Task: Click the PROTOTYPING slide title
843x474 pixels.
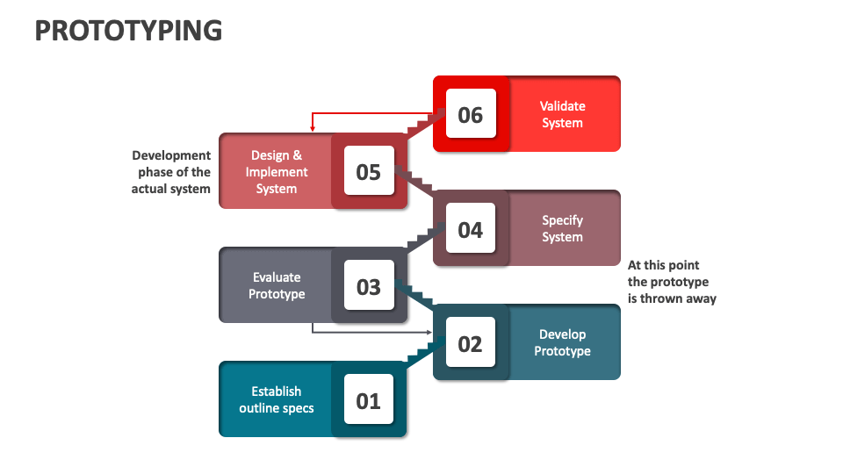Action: (128, 31)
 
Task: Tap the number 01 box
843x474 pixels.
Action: (369, 400)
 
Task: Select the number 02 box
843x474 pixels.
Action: (471, 343)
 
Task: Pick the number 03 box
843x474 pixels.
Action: (369, 286)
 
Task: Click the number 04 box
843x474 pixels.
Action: (471, 229)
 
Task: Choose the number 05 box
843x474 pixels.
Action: (369, 172)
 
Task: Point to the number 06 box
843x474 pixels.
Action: (471, 115)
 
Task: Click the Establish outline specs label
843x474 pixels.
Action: (277, 399)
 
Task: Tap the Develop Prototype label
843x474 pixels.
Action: (562, 342)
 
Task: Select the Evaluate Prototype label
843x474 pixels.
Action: (277, 285)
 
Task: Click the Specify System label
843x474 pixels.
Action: (562, 228)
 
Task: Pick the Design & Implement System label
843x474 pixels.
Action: (277, 172)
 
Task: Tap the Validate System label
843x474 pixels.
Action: (562, 114)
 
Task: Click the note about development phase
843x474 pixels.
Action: (171, 172)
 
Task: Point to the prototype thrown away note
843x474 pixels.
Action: (672, 282)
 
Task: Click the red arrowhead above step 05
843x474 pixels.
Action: (313, 128)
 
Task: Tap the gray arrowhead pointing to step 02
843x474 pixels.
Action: (429, 333)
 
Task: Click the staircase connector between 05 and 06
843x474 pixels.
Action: (425, 124)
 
